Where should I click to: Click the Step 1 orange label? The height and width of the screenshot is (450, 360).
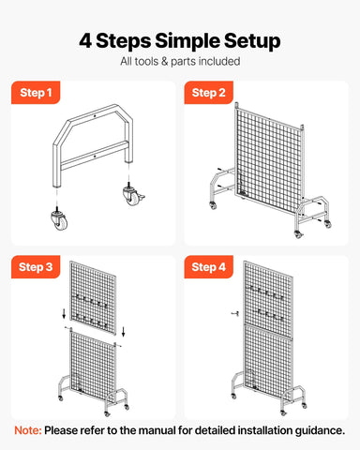pos(37,93)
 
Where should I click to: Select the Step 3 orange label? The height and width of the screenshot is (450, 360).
pos(37,267)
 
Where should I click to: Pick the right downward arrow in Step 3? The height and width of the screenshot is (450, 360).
pos(125,328)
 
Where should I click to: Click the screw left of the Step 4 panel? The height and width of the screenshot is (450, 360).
pos(232,314)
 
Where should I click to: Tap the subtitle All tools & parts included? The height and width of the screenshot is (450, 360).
pos(180,62)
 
